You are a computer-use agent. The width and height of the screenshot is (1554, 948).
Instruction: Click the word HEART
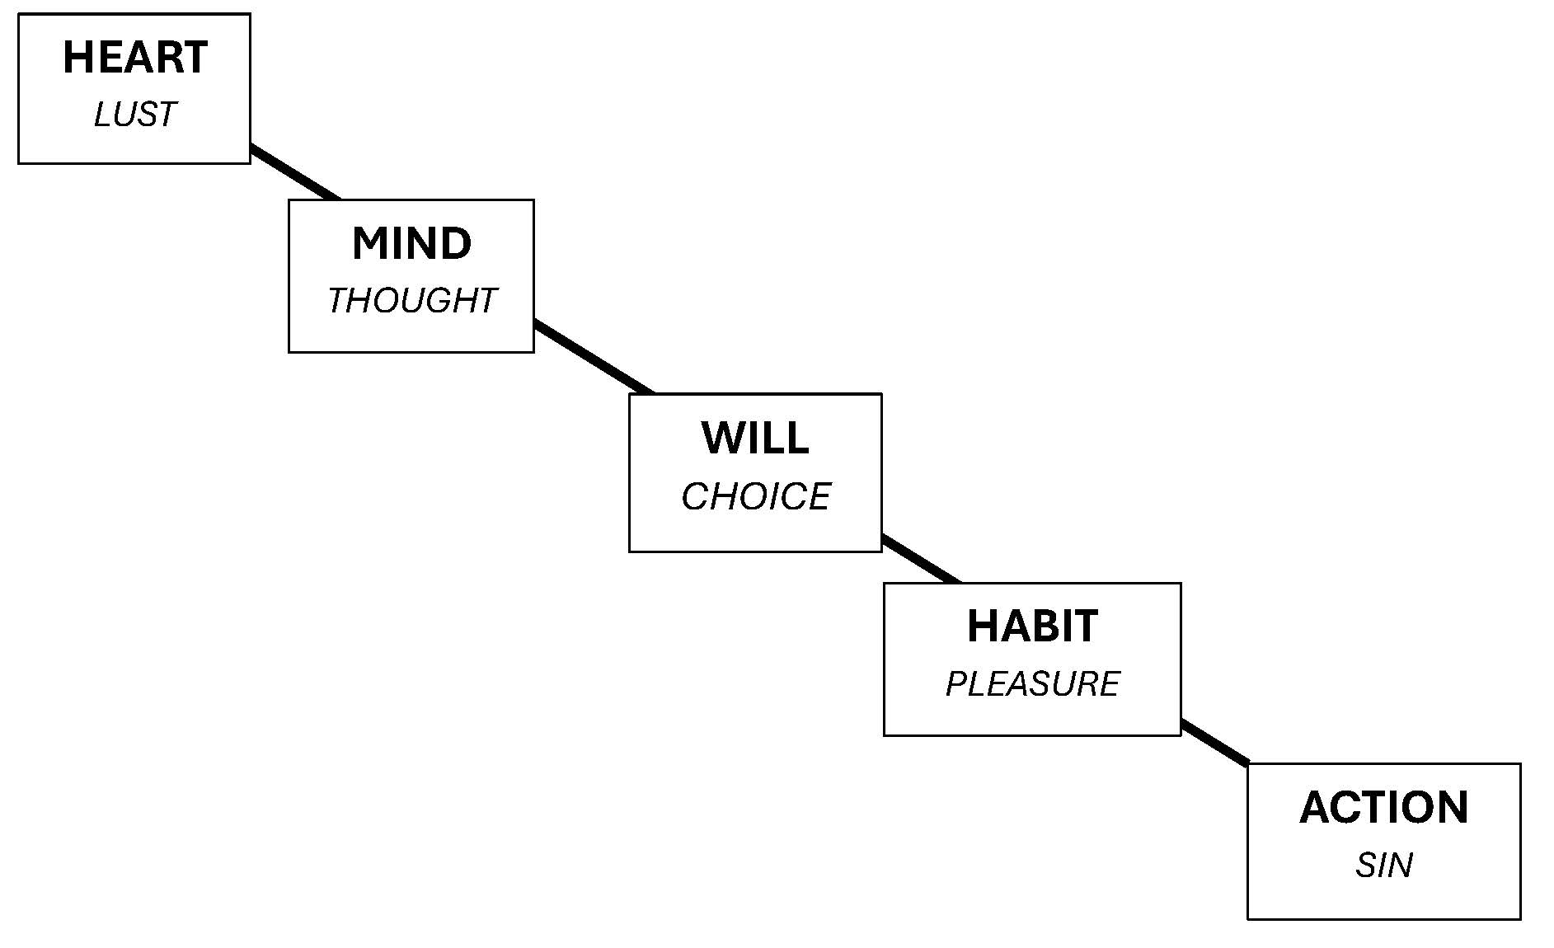click(x=135, y=58)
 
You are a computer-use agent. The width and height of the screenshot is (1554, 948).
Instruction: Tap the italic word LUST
click(x=135, y=115)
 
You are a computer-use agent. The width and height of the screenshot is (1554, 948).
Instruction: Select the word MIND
click(x=411, y=244)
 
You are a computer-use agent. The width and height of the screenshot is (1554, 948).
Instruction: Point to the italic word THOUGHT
click(x=411, y=301)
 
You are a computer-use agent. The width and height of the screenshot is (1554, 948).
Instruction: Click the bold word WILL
click(x=755, y=438)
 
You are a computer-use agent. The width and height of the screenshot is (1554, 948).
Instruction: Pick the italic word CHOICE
click(x=755, y=496)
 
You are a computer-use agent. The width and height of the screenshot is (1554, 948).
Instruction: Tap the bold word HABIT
click(x=1032, y=627)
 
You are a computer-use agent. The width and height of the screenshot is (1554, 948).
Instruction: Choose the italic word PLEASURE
click(x=1032, y=684)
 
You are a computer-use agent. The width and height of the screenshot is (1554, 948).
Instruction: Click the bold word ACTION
click(x=1383, y=808)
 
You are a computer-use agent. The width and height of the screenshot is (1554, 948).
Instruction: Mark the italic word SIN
click(x=1383, y=866)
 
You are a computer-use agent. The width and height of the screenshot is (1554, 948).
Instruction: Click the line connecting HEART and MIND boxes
click(x=295, y=172)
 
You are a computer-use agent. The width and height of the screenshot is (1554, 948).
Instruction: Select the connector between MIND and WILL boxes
click(x=594, y=357)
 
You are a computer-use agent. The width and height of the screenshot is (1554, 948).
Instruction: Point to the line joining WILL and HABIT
click(x=921, y=559)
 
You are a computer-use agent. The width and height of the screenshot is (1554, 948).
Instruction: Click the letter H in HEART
click(x=77, y=58)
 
